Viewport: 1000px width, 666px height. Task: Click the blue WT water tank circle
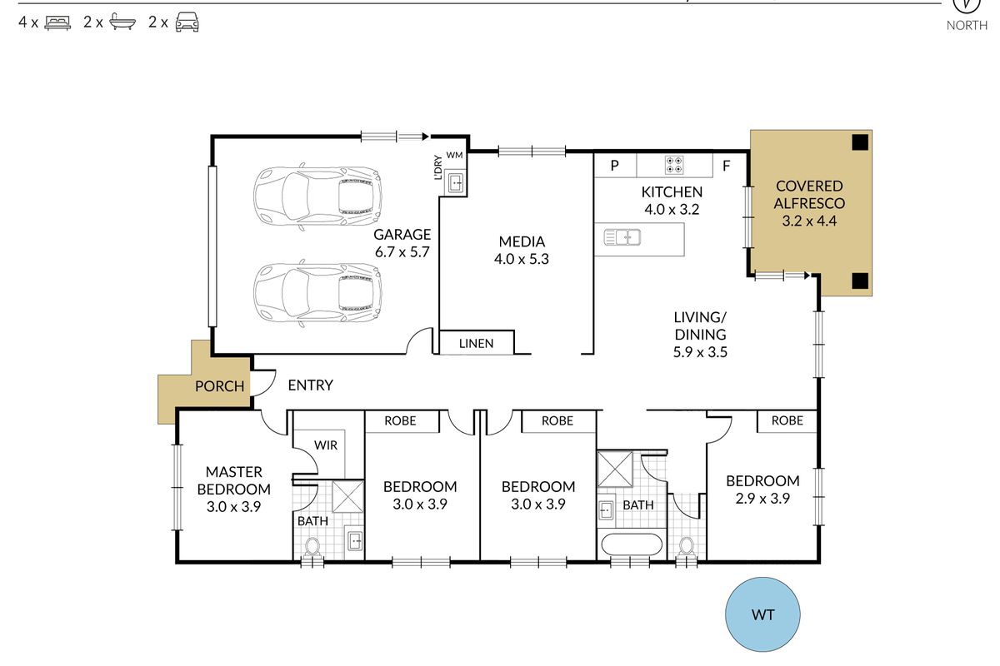[762, 614]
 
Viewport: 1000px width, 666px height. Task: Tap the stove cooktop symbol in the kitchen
[673, 164]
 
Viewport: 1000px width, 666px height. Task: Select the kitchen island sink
[622, 237]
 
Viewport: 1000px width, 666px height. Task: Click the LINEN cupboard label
[477, 344]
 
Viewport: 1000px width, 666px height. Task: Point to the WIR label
[326, 445]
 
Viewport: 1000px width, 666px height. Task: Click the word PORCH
[220, 386]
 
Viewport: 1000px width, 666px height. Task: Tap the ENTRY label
[310, 385]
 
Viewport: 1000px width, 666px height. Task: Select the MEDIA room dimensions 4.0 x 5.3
[522, 259]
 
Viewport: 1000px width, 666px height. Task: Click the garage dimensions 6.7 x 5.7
[402, 252]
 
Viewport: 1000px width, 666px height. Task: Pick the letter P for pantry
[615, 166]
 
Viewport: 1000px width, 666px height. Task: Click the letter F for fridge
[727, 166]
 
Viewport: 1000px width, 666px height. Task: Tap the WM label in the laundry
[454, 155]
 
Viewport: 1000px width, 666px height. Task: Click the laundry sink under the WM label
[455, 183]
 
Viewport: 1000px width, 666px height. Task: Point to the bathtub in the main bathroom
[632, 544]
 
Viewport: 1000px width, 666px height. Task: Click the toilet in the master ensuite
[312, 547]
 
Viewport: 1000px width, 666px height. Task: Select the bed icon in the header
[57, 22]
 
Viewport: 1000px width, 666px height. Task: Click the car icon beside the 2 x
[187, 22]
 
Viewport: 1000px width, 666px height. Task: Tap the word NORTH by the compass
[967, 26]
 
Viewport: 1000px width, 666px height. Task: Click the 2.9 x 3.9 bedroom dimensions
[762, 499]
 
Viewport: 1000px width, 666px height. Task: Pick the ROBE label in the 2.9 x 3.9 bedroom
[787, 420]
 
